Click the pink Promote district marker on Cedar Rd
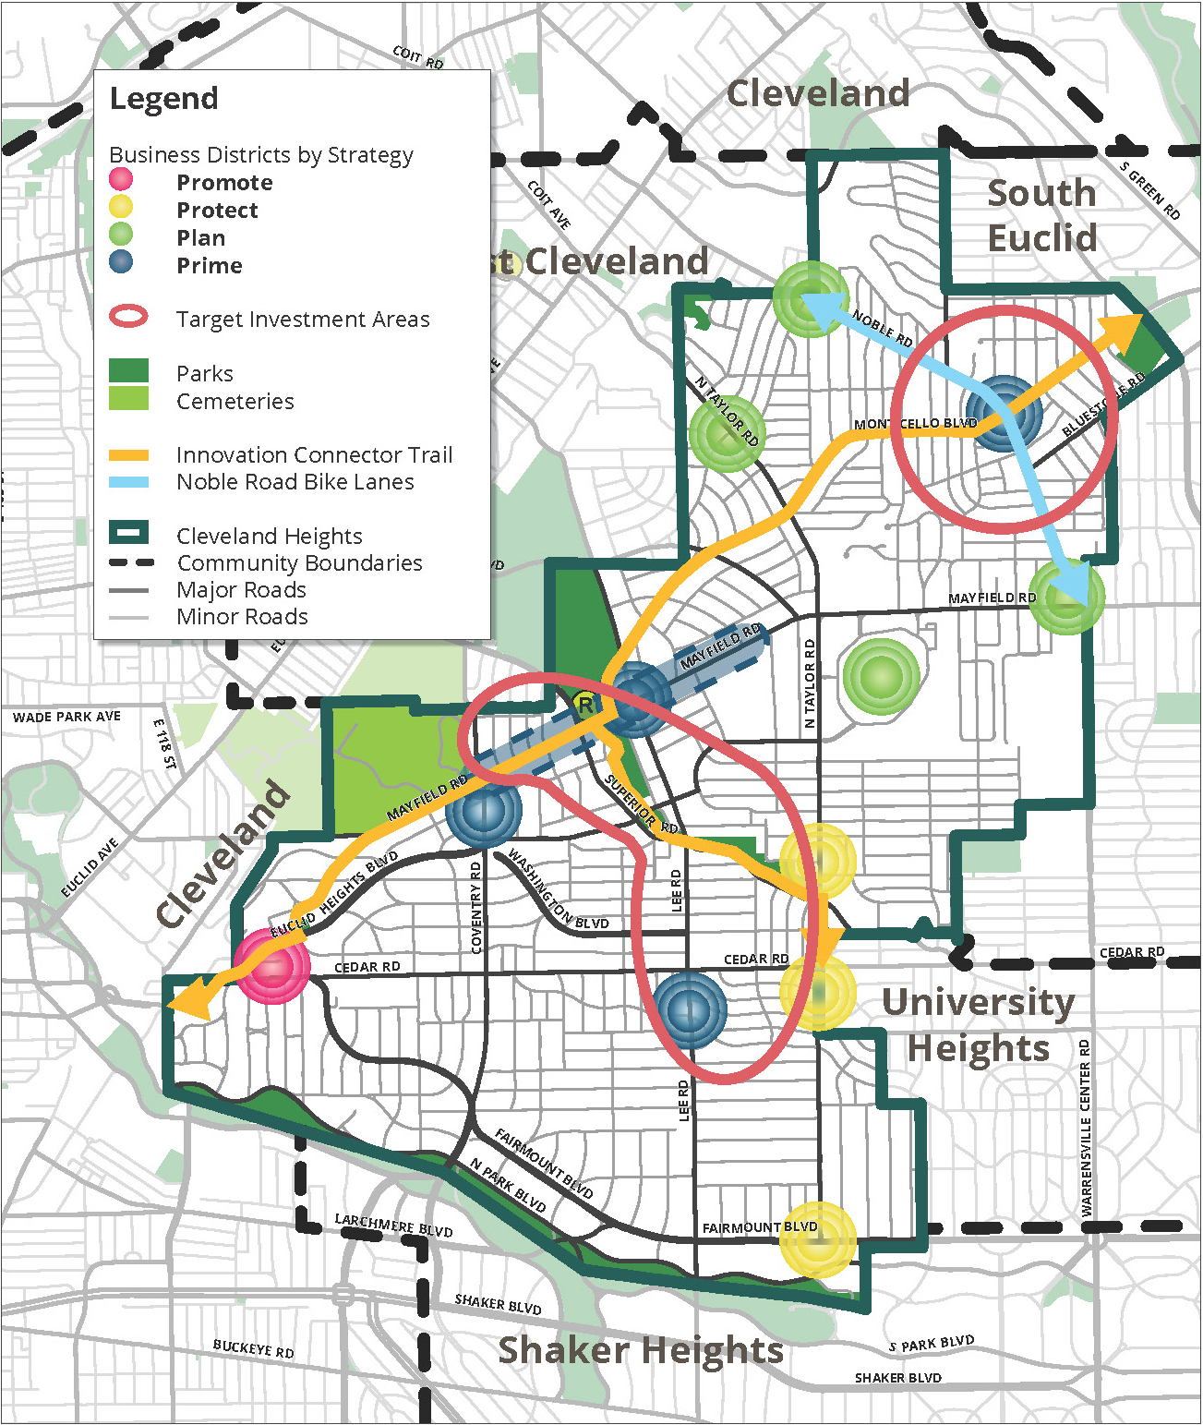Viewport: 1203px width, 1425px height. pos(273,967)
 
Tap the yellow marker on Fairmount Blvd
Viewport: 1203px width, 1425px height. pos(817,1239)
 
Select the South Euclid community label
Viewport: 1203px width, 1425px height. pos(1042,215)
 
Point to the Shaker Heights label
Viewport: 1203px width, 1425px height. pos(641,1350)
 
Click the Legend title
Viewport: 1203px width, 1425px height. pos(164,98)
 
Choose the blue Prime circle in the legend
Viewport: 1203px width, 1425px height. pos(121,263)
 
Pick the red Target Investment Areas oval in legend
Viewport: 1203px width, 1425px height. pos(128,317)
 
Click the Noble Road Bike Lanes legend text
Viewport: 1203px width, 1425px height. pos(295,482)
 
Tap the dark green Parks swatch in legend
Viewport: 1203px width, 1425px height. pos(128,371)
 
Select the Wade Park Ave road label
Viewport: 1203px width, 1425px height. pos(66,717)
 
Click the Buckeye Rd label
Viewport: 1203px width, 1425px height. pos(253,1348)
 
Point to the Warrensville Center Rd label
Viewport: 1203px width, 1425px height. pos(1086,1128)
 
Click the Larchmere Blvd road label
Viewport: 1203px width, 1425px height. pos(393,1226)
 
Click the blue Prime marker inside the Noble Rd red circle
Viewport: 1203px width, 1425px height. pos(1004,413)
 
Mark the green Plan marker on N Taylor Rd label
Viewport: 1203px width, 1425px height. pos(727,433)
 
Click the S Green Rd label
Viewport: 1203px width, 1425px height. pos(1149,191)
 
